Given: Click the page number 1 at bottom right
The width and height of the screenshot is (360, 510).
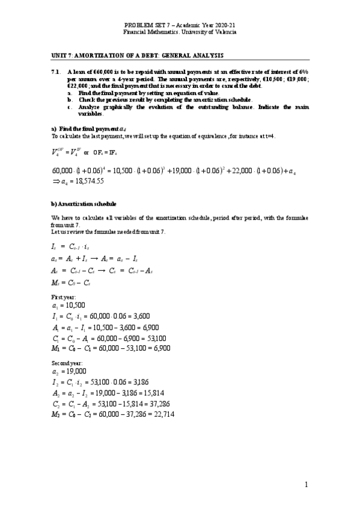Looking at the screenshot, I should (305, 485).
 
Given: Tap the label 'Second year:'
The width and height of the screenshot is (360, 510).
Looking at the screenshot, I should (68, 363).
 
